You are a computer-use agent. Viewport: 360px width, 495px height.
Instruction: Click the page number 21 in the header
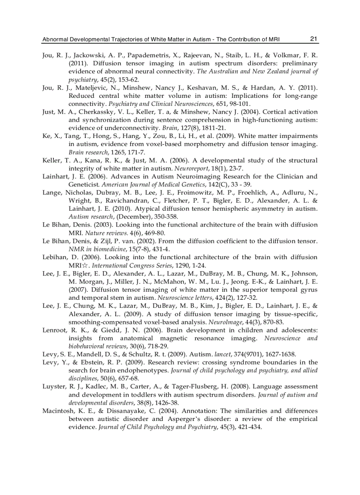point(314,39)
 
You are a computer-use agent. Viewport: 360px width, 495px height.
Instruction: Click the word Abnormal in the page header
point(55,39)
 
